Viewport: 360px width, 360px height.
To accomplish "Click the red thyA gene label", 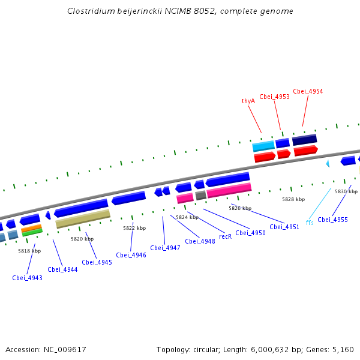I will (248, 101).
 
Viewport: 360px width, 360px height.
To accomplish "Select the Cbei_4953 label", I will (274, 97).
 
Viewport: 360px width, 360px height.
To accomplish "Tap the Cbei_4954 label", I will (308, 91).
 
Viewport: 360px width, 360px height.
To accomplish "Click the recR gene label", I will (225, 236).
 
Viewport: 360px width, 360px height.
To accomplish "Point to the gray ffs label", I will (310, 223).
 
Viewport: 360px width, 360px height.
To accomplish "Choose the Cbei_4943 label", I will (27, 278).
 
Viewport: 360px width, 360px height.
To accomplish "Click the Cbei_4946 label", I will (131, 255).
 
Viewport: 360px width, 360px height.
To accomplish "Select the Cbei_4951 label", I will (284, 227).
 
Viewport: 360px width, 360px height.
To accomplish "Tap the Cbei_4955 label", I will (332, 220).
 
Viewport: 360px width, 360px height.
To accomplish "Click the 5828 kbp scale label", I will (293, 199).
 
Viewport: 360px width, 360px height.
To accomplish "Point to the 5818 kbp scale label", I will (29, 251).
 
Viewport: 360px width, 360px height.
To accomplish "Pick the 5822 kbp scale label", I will (134, 228).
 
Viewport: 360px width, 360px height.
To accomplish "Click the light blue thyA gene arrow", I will (263, 146).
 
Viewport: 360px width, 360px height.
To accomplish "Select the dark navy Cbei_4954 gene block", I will (304, 140).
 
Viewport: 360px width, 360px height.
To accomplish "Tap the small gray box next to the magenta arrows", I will (201, 195).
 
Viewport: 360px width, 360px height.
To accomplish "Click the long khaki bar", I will (83, 219).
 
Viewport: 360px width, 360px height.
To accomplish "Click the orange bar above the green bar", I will (31, 228).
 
